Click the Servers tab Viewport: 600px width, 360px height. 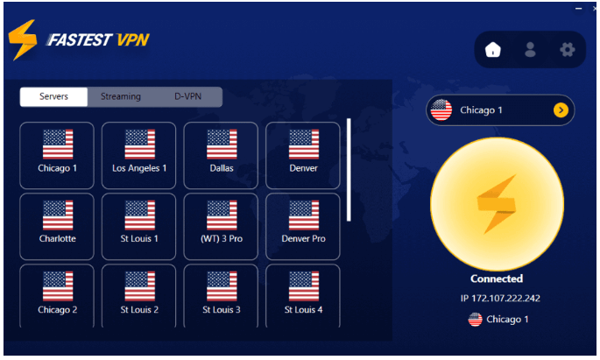point(53,97)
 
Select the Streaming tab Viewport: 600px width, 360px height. point(121,97)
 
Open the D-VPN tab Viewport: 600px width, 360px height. point(187,97)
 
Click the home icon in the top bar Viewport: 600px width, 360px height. point(493,50)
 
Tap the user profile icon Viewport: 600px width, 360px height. point(530,50)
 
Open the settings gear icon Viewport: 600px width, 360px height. point(567,50)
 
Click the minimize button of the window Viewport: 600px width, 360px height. point(579,8)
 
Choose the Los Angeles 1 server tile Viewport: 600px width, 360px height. point(139,155)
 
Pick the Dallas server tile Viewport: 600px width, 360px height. point(221,155)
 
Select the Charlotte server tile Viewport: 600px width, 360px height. point(57,227)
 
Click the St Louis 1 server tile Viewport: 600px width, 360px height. point(139,227)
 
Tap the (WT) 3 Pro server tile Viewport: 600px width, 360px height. point(221,227)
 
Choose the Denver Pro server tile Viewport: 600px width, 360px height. point(303,227)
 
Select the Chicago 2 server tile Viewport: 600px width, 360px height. point(57,296)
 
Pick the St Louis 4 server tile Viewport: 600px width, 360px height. point(303,296)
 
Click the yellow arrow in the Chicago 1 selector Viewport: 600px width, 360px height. point(561,110)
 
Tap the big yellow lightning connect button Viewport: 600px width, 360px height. point(497,204)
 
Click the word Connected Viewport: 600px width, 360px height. point(497,279)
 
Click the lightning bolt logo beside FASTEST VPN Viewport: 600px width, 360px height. point(23,39)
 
